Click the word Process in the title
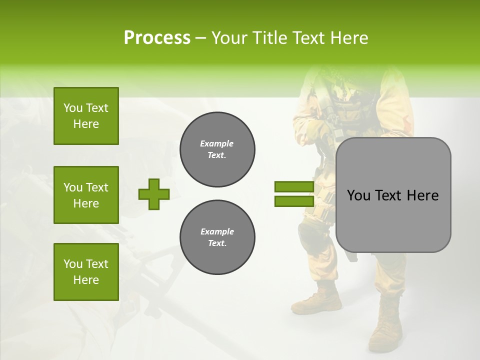point(156,37)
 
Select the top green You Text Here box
point(86,116)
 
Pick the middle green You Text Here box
point(86,195)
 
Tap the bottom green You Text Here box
point(86,271)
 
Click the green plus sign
point(154,194)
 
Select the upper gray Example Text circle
point(217,149)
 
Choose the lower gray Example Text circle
point(217,237)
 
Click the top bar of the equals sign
point(294,187)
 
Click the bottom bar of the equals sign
point(294,201)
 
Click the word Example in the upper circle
point(216,143)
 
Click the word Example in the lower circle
point(217,231)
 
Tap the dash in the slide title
point(200,38)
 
